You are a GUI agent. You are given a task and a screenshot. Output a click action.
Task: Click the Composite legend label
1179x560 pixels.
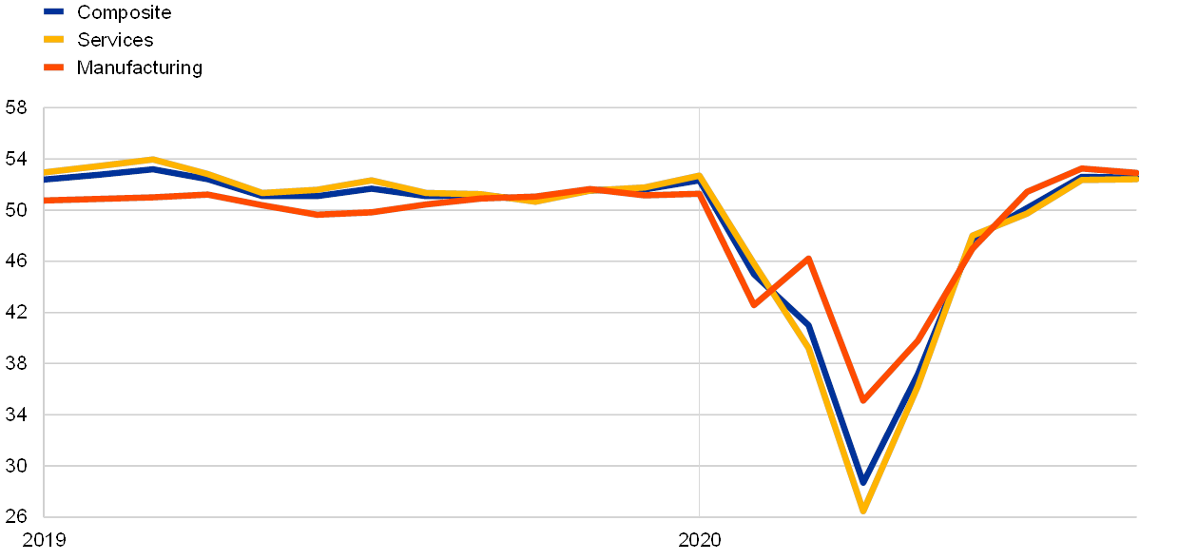(x=124, y=12)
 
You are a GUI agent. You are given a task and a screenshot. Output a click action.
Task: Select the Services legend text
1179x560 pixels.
(x=115, y=40)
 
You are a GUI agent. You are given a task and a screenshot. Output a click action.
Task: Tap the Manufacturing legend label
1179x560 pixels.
(x=139, y=68)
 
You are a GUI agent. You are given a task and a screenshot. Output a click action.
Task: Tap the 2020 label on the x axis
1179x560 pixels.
(x=700, y=541)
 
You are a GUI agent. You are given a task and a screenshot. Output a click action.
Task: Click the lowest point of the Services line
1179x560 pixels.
(x=863, y=511)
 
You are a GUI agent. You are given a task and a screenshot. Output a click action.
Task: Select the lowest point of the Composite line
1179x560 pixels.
(x=863, y=480)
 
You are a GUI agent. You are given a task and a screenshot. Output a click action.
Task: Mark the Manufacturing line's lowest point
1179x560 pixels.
(x=863, y=400)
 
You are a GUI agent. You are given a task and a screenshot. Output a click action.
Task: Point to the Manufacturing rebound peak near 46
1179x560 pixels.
(x=808, y=258)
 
